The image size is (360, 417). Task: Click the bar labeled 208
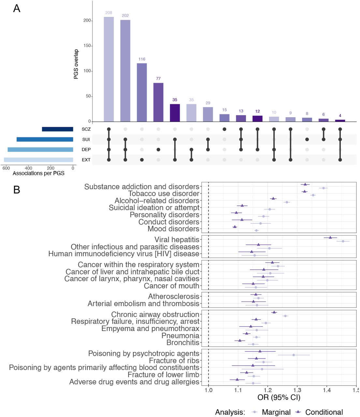108,69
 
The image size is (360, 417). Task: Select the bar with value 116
142,93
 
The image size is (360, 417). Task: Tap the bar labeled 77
158,102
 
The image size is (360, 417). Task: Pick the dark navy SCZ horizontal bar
58,129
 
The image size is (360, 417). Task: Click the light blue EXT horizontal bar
38,160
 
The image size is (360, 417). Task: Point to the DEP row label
86,150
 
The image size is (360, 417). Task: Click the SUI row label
86,139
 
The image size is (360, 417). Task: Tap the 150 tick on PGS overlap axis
87,46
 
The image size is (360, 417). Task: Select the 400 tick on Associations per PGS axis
28,168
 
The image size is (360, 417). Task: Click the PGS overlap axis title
76,64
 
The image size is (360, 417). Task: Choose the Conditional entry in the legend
319,412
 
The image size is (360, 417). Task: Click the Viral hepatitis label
177,240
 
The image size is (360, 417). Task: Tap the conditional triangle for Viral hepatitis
330,237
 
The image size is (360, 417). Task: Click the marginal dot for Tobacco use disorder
313,195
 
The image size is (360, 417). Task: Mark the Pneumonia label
180,336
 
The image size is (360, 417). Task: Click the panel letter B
17,190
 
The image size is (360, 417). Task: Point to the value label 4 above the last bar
340,116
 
